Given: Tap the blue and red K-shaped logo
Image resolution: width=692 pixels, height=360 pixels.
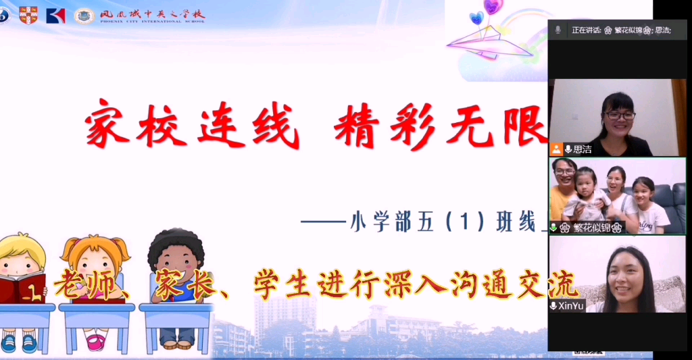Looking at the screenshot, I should coord(56,15).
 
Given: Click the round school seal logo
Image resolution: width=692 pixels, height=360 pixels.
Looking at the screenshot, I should coord(84,16).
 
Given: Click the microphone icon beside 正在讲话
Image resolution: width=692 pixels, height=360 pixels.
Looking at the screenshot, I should coord(558,30).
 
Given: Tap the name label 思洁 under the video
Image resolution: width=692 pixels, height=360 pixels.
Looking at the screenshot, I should coord(583,149).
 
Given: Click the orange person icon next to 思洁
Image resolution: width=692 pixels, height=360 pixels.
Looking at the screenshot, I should coord(556,149).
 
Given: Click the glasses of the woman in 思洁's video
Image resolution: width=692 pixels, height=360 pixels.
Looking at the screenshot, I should coord(620,115).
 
